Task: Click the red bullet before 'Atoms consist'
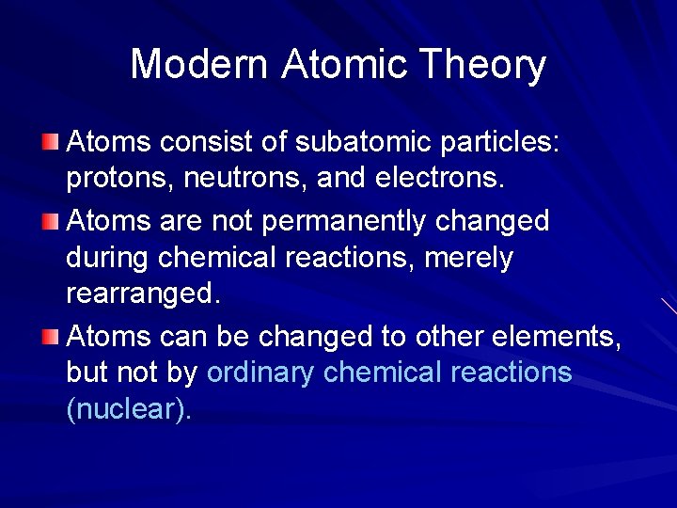point(51,142)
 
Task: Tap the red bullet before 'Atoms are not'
point(51,220)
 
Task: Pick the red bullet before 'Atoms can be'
point(51,335)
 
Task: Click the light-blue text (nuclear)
point(129,410)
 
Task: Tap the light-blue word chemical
point(383,373)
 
